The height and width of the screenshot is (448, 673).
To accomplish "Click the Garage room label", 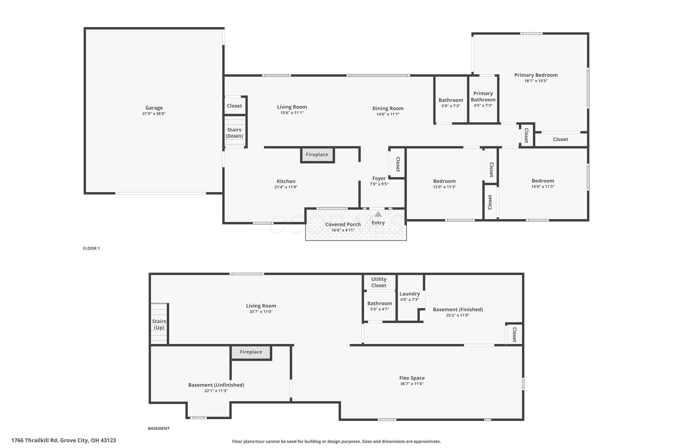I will [x=154, y=108].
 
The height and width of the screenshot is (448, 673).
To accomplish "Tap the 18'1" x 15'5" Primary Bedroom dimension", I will [x=536, y=81].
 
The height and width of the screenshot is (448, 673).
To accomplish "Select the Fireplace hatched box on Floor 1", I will [x=317, y=155].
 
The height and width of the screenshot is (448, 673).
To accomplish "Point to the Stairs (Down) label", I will [x=234, y=133].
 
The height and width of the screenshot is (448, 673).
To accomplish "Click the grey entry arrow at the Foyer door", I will [x=378, y=214].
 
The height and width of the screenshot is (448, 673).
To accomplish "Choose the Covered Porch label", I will [x=343, y=224].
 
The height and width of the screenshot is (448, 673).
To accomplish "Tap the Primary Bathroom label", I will [x=483, y=97].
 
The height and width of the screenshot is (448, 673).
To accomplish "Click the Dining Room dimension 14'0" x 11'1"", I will [x=388, y=114].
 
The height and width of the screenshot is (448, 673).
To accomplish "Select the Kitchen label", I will [x=286, y=181].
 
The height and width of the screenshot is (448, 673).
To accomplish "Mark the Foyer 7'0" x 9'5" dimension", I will [x=379, y=184].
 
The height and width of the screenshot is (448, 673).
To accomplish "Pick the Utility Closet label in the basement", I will [x=379, y=282].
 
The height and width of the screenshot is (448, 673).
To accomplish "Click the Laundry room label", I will [x=409, y=294].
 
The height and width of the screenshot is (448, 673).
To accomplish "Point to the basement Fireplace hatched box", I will [x=251, y=352].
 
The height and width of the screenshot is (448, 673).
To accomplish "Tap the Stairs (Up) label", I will [x=159, y=324].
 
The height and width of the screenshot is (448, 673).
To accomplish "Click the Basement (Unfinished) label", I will [x=216, y=385].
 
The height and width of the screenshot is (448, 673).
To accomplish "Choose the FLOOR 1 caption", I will [x=91, y=248].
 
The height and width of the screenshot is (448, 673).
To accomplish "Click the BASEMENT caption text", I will [x=159, y=428].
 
